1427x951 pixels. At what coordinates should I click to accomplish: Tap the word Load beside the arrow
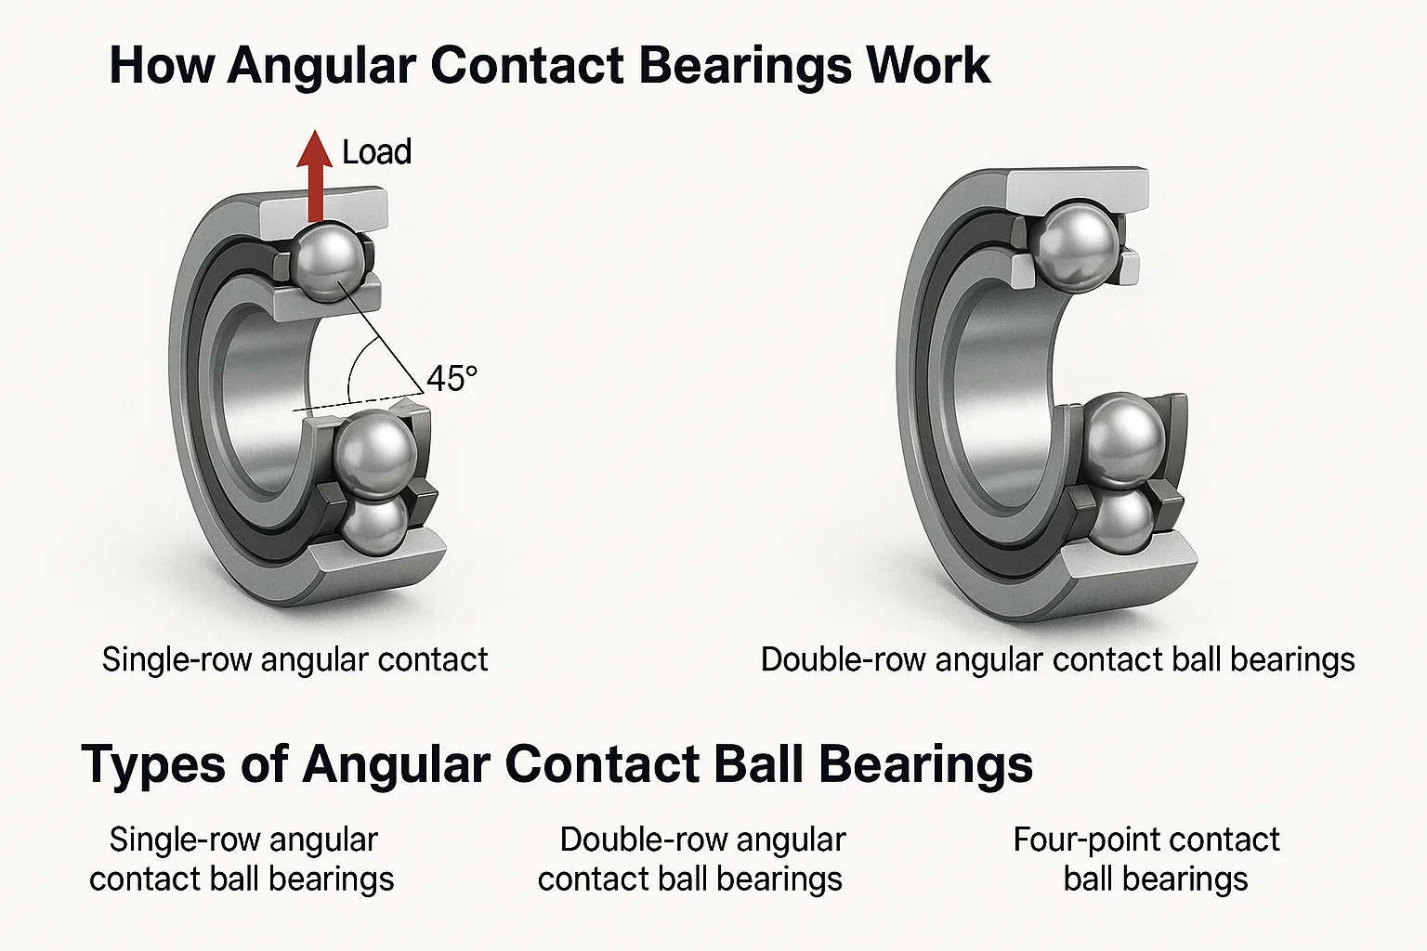tap(376, 152)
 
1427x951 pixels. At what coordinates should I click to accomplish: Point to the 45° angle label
tap(452, 379)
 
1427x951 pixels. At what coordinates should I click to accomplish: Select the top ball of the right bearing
tap(1078, 244)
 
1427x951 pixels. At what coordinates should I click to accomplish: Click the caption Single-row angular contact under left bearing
tap(295, 659)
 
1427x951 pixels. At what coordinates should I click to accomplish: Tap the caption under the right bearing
tap(1057, 659)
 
